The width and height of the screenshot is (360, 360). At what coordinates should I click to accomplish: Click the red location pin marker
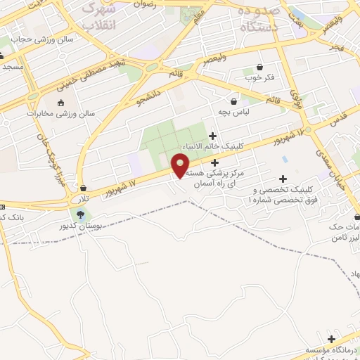181,165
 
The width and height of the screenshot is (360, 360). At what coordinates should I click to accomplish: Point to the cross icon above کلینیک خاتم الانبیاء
213,135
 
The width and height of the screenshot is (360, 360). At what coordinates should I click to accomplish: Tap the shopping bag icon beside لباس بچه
233,101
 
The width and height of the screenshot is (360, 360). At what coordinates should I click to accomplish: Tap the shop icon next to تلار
84,188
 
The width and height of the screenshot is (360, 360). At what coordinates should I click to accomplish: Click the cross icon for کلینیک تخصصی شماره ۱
283,179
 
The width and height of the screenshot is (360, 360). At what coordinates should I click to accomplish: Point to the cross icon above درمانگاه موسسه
330,338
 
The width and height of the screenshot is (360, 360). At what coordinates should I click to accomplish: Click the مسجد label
13,66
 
